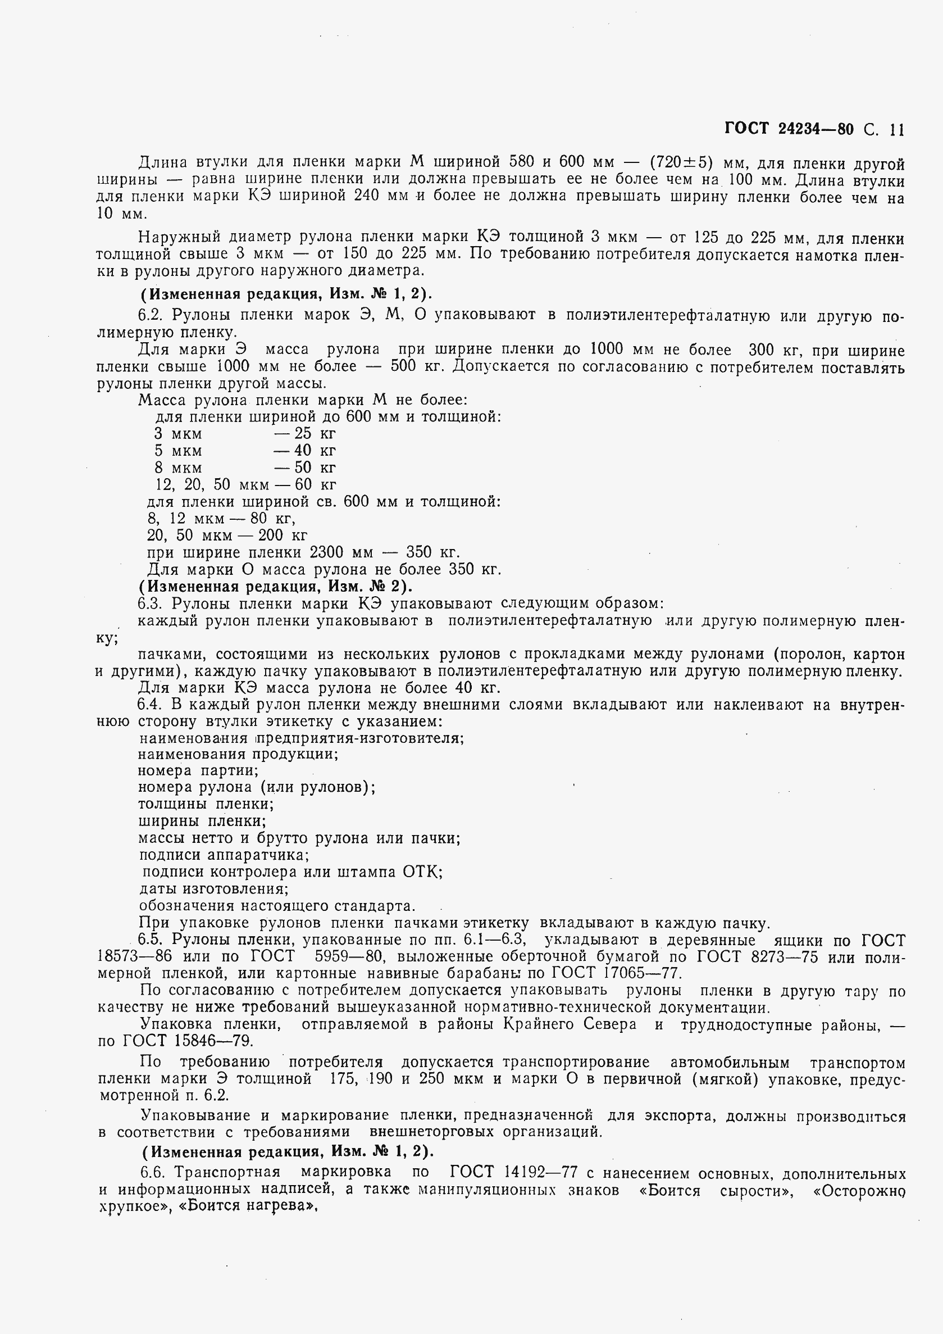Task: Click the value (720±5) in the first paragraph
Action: [681, 161]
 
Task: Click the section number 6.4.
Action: [151, 705]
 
